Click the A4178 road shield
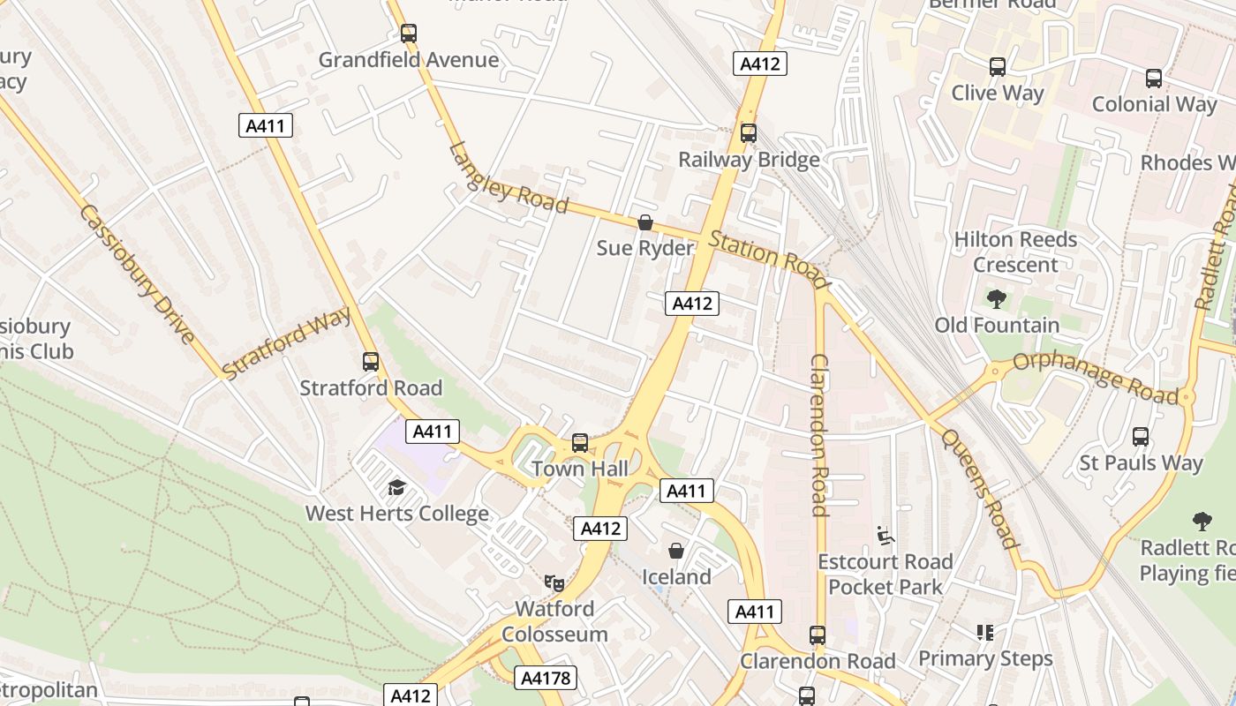[545, 678]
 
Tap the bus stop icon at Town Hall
[580, 443]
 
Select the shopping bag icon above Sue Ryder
[645, 222]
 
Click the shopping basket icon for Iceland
[676, 551]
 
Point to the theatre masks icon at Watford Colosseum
[554, 582]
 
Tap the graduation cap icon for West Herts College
[396, 487]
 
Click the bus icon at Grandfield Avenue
[408, 34]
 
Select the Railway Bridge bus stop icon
[749, 133]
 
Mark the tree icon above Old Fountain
[997, 299]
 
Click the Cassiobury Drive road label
[137, 274]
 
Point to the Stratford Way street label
[287, 342]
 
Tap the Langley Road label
[508, 178]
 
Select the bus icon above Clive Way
[998, 67]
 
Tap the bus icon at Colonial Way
[1154, 79]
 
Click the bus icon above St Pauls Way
[1141, 437]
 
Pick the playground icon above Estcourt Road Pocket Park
[885, 536]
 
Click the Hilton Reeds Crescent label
[1015, 252]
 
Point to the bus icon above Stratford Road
[371, 362]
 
